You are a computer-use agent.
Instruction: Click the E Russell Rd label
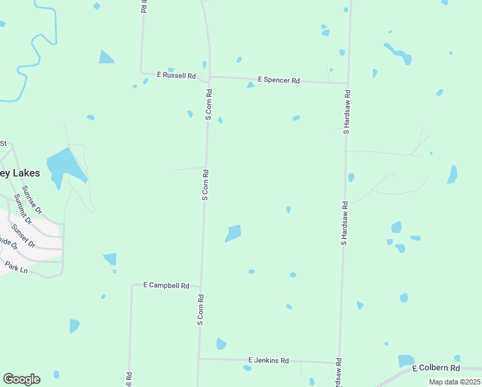(x=177, y=75)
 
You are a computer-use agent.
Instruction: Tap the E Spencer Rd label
(x=279, y=81)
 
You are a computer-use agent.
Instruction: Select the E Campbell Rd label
(x=166, y=285)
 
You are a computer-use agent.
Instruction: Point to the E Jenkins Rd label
(x=269, y=361)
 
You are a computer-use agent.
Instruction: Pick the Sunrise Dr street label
(x=32, y=200)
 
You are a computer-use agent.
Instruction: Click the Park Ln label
(x=16, y=266)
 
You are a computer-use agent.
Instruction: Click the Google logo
(x=21, y=379)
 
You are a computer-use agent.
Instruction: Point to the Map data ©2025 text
(x=454, y=382)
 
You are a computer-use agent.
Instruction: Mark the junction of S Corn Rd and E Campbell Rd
(x=200, y=286)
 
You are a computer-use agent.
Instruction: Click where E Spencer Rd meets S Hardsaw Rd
(x=348, y=84)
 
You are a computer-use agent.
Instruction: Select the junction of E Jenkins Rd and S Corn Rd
(x=198, y=359)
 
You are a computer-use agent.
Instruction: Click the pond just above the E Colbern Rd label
(x=407, y=360)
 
